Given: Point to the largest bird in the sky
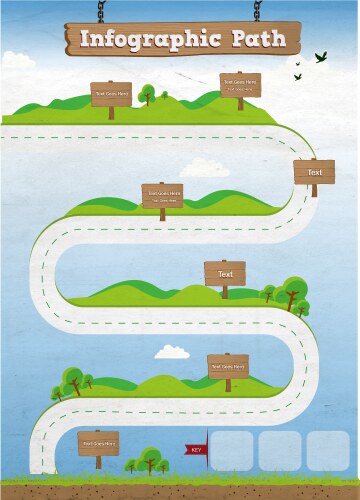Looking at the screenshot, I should (321, 57).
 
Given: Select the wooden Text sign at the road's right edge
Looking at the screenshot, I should (314, 172).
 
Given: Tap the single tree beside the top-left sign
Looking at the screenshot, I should (147, 94).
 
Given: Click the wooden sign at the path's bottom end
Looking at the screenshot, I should (99, 443).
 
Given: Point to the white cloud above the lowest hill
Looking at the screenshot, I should (171, 351).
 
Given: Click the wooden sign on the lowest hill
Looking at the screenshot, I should (228, 367).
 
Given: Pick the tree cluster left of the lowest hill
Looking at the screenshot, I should (70, 381).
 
